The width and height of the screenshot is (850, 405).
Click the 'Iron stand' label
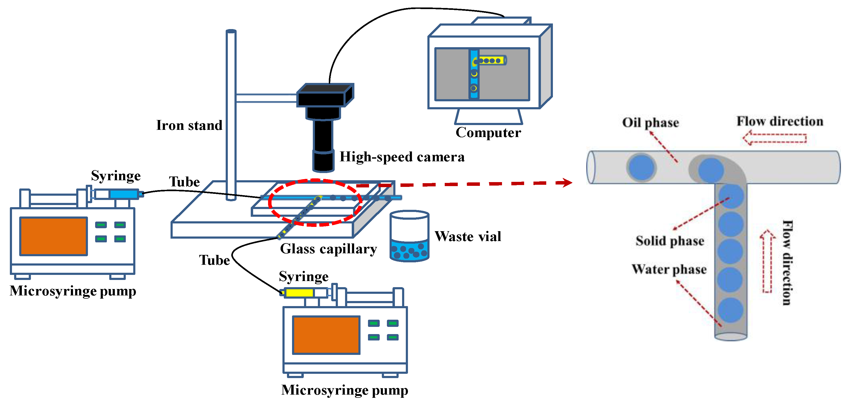pyautogui.click(x=189, y=125)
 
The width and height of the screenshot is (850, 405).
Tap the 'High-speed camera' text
pyautogui.click(x=402, y=157)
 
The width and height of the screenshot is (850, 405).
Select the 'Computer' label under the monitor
pyautogui.click(x=488, y=133)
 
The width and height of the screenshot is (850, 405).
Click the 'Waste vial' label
pyautogui.click(x=468, y=236)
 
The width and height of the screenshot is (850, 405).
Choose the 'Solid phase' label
pyautogui.click(x=670, y=241)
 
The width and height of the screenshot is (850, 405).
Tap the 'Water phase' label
pyautogui.click(x=669, y=269)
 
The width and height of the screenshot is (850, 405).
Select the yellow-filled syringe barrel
pyautogui.click(x=299, y=292)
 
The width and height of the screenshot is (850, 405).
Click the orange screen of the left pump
pyautogui.click(x=54, y=236)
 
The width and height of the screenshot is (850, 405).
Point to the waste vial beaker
pyautogui.click(x=409, y=236)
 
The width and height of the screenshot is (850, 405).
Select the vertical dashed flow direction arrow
pyautogui.click(x=767, y=261)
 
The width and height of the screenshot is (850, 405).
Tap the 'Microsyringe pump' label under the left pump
pyautogui.click(x=72, y=291)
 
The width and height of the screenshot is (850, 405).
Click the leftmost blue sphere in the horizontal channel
pyautogui.click(x=641, y=167)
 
